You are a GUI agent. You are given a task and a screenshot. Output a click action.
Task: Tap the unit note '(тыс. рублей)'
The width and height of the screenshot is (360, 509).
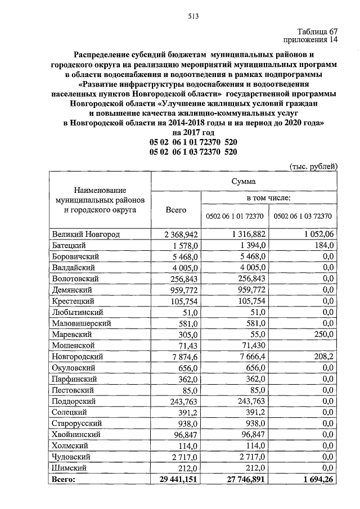pos(313,166)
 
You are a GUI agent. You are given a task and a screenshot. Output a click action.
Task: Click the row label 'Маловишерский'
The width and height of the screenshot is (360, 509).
pos(81,323)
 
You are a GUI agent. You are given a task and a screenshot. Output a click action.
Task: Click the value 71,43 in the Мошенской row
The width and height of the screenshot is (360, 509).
pos(188,345)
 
